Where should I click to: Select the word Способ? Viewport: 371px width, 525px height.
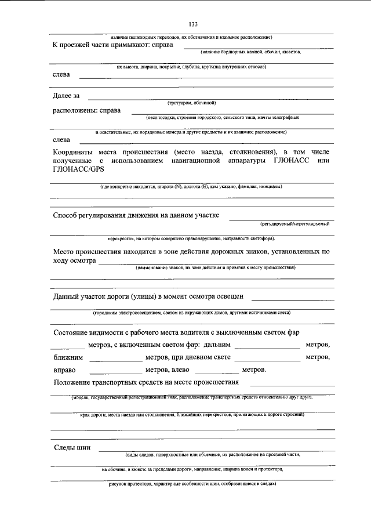click(67, 216)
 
